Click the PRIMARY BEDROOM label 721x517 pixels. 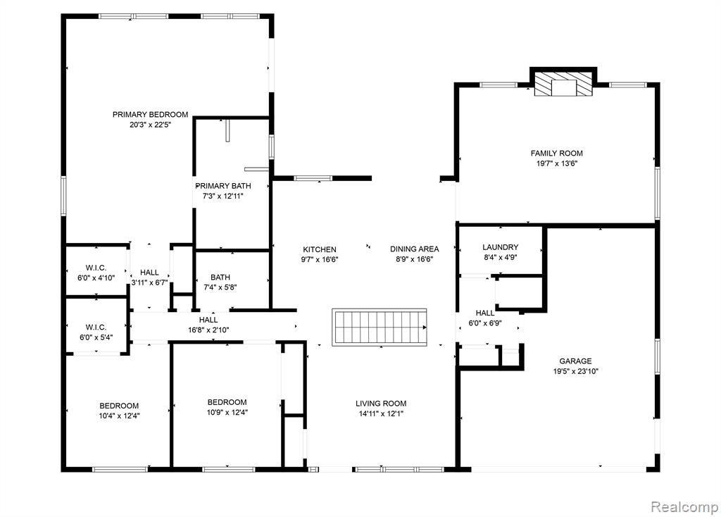tap(151, 115)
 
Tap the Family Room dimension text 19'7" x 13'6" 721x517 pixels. tap(556, 163)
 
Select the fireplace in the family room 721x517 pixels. tap(563, 83)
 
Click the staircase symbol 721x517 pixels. tap(380, 327)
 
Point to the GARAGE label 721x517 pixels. tap(575, 361)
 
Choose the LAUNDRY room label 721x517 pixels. tap(501, 247)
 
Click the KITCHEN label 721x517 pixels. tap(320, 249)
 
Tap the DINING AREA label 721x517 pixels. tap(414, 249)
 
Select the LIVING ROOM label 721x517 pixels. tap(381, 404)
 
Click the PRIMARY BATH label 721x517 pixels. tap(223, 186)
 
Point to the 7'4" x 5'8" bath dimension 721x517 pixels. tap(220, 287)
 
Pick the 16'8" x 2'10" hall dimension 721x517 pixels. tap(208, 330)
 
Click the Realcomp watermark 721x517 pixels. tap(684, 506)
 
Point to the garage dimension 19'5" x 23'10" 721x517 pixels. tap(575, 371)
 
